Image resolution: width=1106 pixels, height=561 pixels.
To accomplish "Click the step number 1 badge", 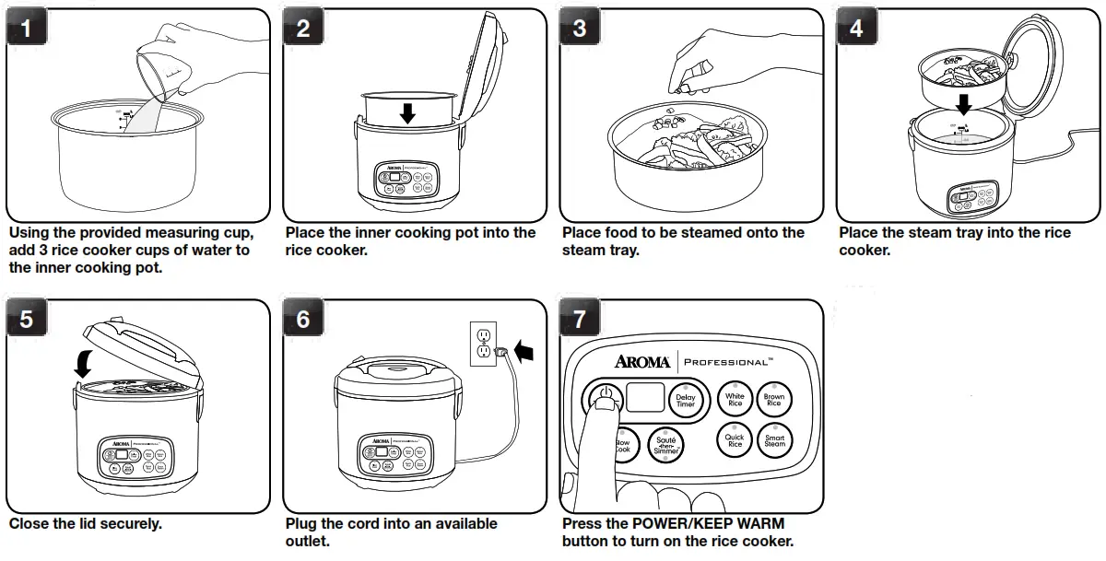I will click(x=27, y=29).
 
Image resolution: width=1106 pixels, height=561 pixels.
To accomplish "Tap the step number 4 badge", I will click(x=856, y=29).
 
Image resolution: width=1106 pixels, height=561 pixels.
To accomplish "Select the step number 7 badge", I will click(x=580, y=320).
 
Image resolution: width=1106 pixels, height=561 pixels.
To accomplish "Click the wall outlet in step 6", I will click(x=483, y=344).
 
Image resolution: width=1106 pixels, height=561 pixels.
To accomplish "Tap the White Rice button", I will click(x=735, y=401).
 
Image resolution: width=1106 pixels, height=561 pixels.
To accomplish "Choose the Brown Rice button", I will click(x=774, y=401).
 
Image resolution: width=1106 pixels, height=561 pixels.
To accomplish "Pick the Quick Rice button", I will click(x=735, y=441).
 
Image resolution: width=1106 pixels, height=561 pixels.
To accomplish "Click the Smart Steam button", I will click(x=774, y=441).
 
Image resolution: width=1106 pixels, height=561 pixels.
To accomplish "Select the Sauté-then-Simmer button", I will click(x=665, y=446).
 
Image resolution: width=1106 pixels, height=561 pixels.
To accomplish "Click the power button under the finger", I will click(x=603, y=399).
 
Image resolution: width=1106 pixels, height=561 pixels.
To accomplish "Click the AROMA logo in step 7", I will click(x=642, y=361).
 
